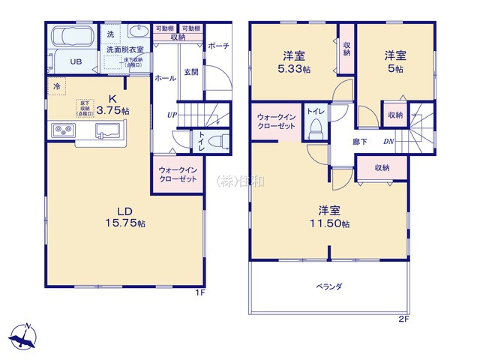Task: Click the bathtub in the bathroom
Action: click(72, 37)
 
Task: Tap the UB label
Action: click(76, 62)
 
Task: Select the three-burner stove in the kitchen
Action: click(63, 131)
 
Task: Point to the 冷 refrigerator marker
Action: click(57, 86)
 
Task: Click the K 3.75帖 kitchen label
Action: click(111, 103)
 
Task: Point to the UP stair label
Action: click(172, 115)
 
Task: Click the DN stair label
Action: click(389, 140)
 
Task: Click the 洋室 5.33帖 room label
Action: click(293, 61)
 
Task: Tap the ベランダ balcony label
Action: click(328, 286)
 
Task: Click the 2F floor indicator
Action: click(403, 318)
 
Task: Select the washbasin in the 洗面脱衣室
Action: click(137, 31)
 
